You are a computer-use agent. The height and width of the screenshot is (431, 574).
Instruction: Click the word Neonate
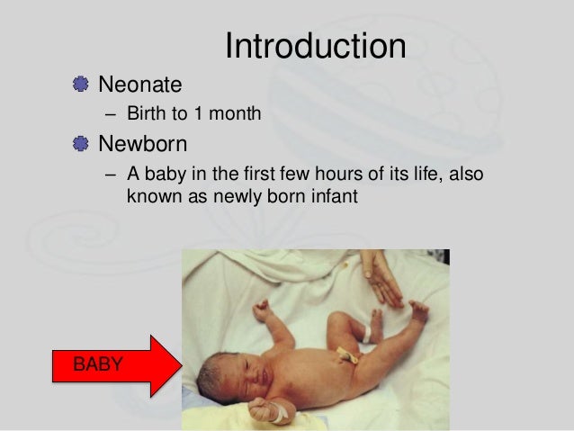139,85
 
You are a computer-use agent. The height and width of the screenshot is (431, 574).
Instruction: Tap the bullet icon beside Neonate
82,85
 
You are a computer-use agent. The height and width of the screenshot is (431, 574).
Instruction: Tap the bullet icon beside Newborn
82,144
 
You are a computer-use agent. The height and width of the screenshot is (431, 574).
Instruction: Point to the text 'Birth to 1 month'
193,114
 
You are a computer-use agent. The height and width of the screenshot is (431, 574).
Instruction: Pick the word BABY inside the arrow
98,365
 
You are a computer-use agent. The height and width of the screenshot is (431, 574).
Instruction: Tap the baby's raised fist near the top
262,312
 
